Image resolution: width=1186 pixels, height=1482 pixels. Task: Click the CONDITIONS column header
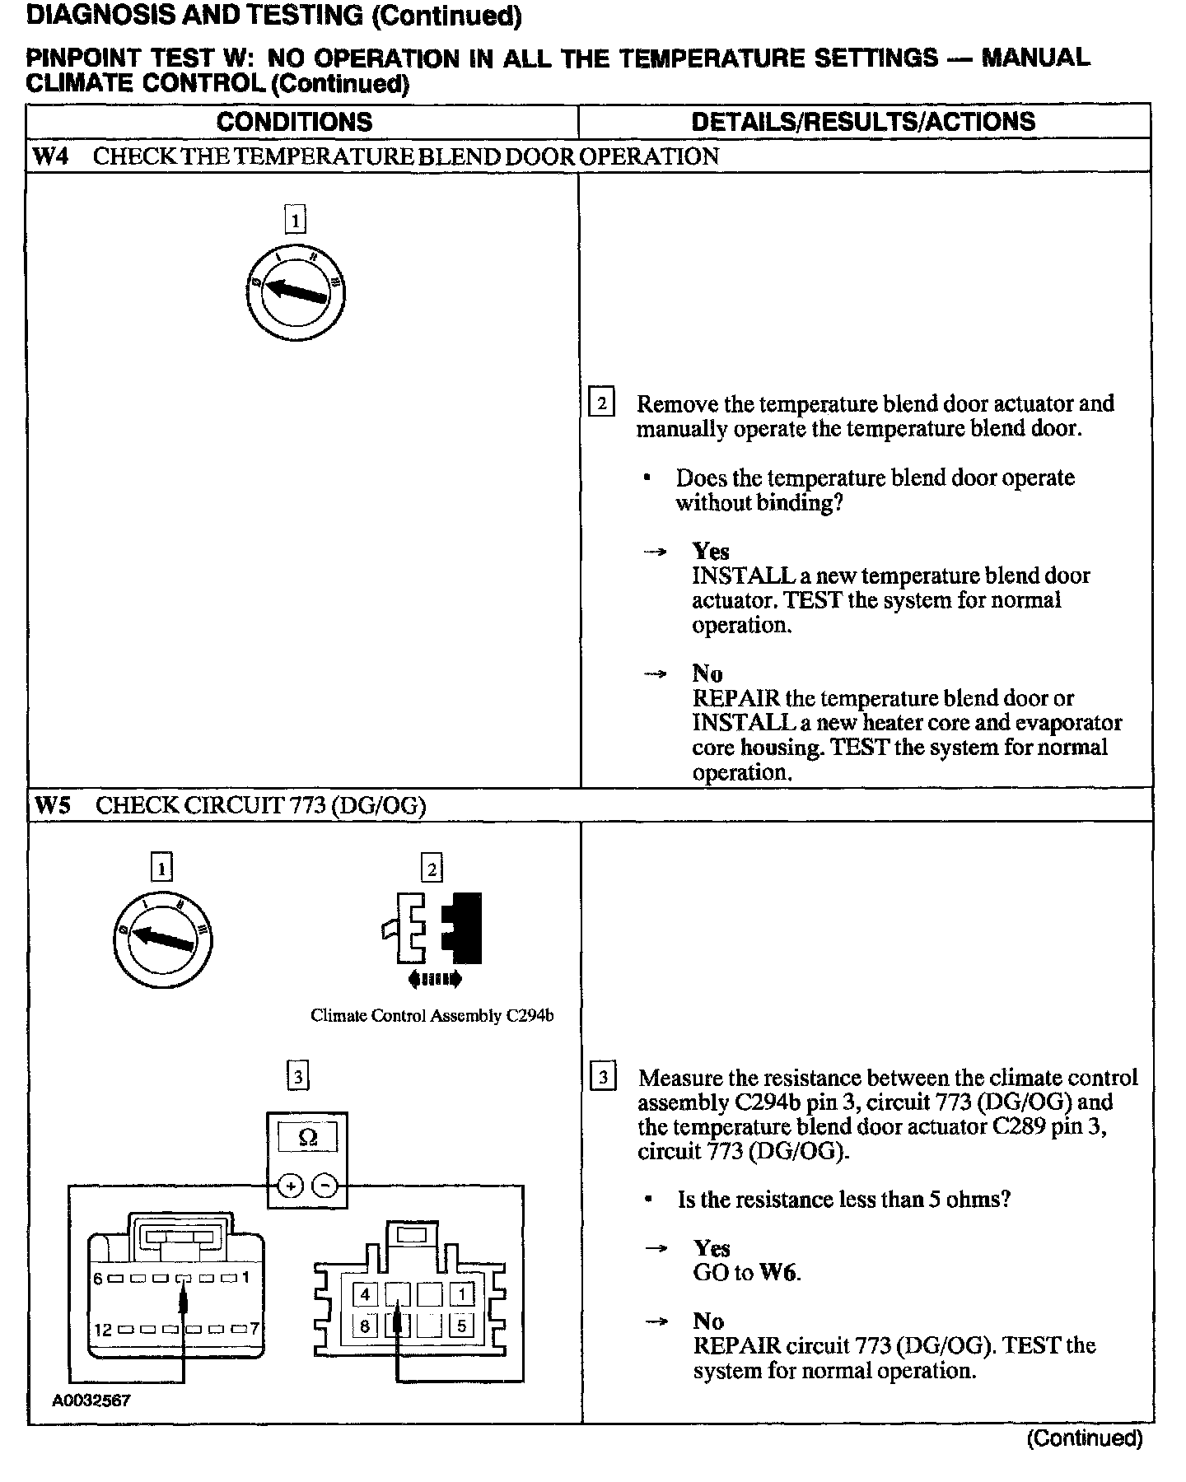(x=294, y=122)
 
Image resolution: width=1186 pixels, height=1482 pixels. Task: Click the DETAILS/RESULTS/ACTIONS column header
(x=862, y=122)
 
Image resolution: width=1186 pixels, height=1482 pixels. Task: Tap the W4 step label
(x=50, y=156)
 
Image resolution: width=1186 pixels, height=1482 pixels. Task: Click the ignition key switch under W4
(x=296, y=293)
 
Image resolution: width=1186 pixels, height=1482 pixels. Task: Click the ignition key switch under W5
(x=162, y=939)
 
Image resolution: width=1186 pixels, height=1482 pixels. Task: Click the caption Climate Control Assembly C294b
(x=432, y=1016)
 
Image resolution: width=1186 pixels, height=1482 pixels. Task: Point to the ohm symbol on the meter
(x=307, y=1138)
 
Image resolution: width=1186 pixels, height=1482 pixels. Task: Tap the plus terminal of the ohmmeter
(x=289, y=1186)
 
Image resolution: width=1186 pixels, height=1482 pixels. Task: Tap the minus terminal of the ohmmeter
(x=326, y=1186)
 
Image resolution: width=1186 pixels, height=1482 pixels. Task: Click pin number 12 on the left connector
(x=101, y=1330)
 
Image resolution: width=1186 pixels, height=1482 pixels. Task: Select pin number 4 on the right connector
(x=365, y=1295)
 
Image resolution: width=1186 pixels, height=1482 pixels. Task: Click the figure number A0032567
(x=91, y=1400)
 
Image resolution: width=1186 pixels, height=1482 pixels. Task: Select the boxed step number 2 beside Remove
(x=602, y=403)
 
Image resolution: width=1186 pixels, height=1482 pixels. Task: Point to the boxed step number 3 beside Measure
(x=604, y=1077)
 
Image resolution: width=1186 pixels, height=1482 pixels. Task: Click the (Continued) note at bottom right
(x=1085, y=1438)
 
